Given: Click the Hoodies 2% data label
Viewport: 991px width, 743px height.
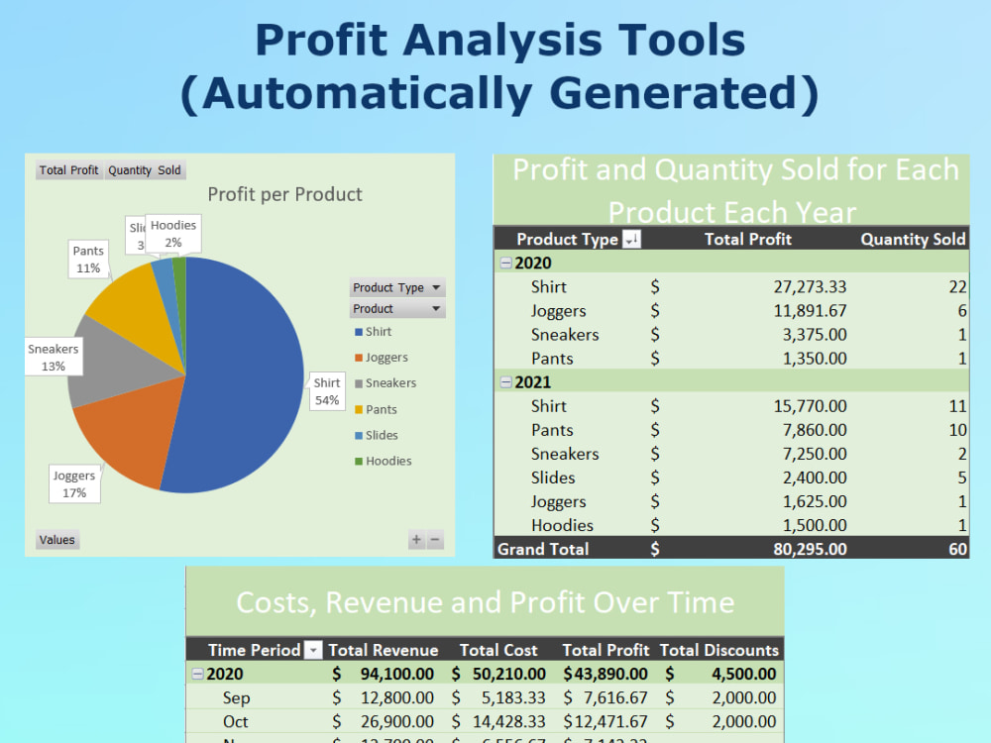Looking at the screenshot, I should (173, 234).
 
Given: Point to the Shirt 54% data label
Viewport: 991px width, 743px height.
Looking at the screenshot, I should (327, 391).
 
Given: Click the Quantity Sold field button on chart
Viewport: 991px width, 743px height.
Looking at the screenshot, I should (145, 170).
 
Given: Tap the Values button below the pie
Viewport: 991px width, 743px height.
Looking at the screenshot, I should (56, 540).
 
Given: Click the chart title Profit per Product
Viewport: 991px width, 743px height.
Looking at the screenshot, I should (285, 194).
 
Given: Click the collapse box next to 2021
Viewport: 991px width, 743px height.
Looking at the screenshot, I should (506, 382).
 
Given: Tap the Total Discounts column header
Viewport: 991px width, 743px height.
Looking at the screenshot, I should (719, 650).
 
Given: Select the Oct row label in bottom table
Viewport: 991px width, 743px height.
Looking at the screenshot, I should (236, 721).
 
